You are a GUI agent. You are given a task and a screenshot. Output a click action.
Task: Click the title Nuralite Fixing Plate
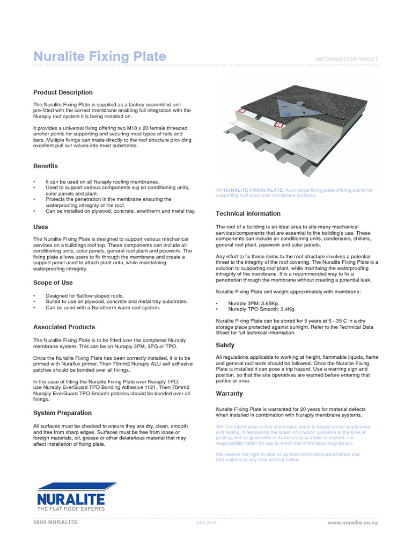click(99, 57)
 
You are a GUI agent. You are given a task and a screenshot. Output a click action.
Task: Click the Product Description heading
click(63, 92)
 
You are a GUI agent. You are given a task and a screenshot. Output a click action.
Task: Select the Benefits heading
click(46, 166)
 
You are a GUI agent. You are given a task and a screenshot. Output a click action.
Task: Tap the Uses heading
click(41, 227)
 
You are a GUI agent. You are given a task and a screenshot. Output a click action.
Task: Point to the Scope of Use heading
click(53, 283)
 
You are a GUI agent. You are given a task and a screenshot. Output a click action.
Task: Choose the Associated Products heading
click(64, 327)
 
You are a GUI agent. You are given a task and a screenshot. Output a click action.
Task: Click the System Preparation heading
click(62, 413)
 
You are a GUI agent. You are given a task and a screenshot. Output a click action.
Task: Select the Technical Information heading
click(248, 214)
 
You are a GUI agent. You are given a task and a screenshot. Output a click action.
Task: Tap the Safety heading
click(225, 345)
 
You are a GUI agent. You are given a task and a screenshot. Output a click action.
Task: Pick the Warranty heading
click(229, 394)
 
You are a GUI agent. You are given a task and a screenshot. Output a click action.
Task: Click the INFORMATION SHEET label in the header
click(347, 59)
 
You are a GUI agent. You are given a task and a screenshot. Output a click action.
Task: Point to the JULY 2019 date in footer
click(206, 523)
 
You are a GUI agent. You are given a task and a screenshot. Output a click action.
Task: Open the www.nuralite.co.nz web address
click(352, 523)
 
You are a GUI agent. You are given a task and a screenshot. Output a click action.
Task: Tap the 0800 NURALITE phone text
click(55, 522)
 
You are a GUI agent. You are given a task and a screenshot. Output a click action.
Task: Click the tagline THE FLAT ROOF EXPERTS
click(71, 508)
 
